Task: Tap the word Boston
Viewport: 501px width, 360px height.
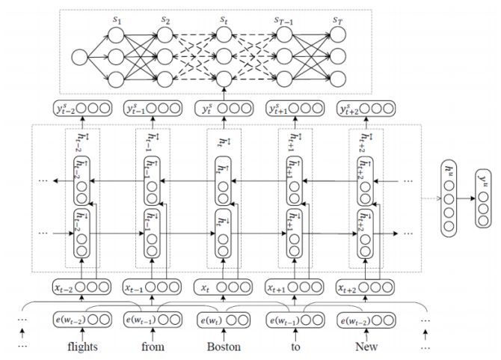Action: click(x=224, y=347)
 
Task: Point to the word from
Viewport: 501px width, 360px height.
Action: click(x=153, y=347)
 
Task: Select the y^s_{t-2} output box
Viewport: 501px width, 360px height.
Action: click(x=82, y=109)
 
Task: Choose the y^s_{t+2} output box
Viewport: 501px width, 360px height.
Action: click(x=366, y=109)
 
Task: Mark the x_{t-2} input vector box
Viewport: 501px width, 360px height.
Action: click(x=82, y=287)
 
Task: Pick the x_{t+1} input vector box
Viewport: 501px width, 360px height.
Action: click(x=295, y=287)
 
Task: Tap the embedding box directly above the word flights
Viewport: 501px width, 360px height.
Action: click(x=82, y=321)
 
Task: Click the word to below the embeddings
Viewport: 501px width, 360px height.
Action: click(x=295, y=347)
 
